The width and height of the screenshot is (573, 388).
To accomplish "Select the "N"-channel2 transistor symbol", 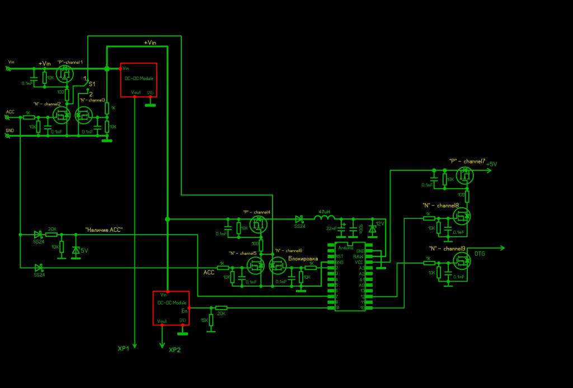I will pyautogui.click(x=60, y=115).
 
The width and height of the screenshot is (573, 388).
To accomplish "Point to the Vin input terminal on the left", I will pyautogui.click(x=8, y=68).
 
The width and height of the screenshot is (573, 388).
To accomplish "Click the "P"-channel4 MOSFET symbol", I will pyautogui.click(x=258, y=226).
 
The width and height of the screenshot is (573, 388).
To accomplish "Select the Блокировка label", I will pyautogui.click(x=303, y=259).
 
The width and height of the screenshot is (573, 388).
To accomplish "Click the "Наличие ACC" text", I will pyautogui.click(x=104, y=230).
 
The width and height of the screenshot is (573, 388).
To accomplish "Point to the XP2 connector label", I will pyautogui.click(x=175, y=350).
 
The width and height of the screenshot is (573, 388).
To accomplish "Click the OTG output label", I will pyautogui.click(x=480, y=254).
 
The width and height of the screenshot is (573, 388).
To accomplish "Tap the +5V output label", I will pyautogui.click(x=491, y=164).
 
